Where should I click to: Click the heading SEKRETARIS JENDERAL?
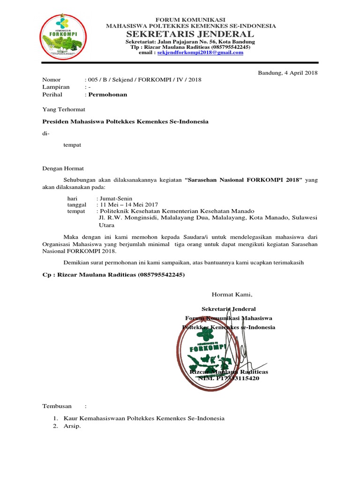click(191, 34)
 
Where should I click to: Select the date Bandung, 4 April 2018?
click(288, 73)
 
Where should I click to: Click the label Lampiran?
click(56, 87)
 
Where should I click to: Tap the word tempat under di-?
click(72, 145)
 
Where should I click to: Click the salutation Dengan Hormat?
click(63, 168)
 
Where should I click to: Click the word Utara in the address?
click(104, 225)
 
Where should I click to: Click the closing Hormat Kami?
click(232, 295)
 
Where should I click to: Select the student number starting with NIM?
click(224, 378)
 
